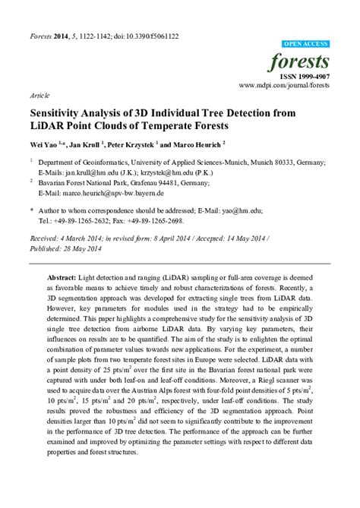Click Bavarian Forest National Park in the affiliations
coord(89,183)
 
